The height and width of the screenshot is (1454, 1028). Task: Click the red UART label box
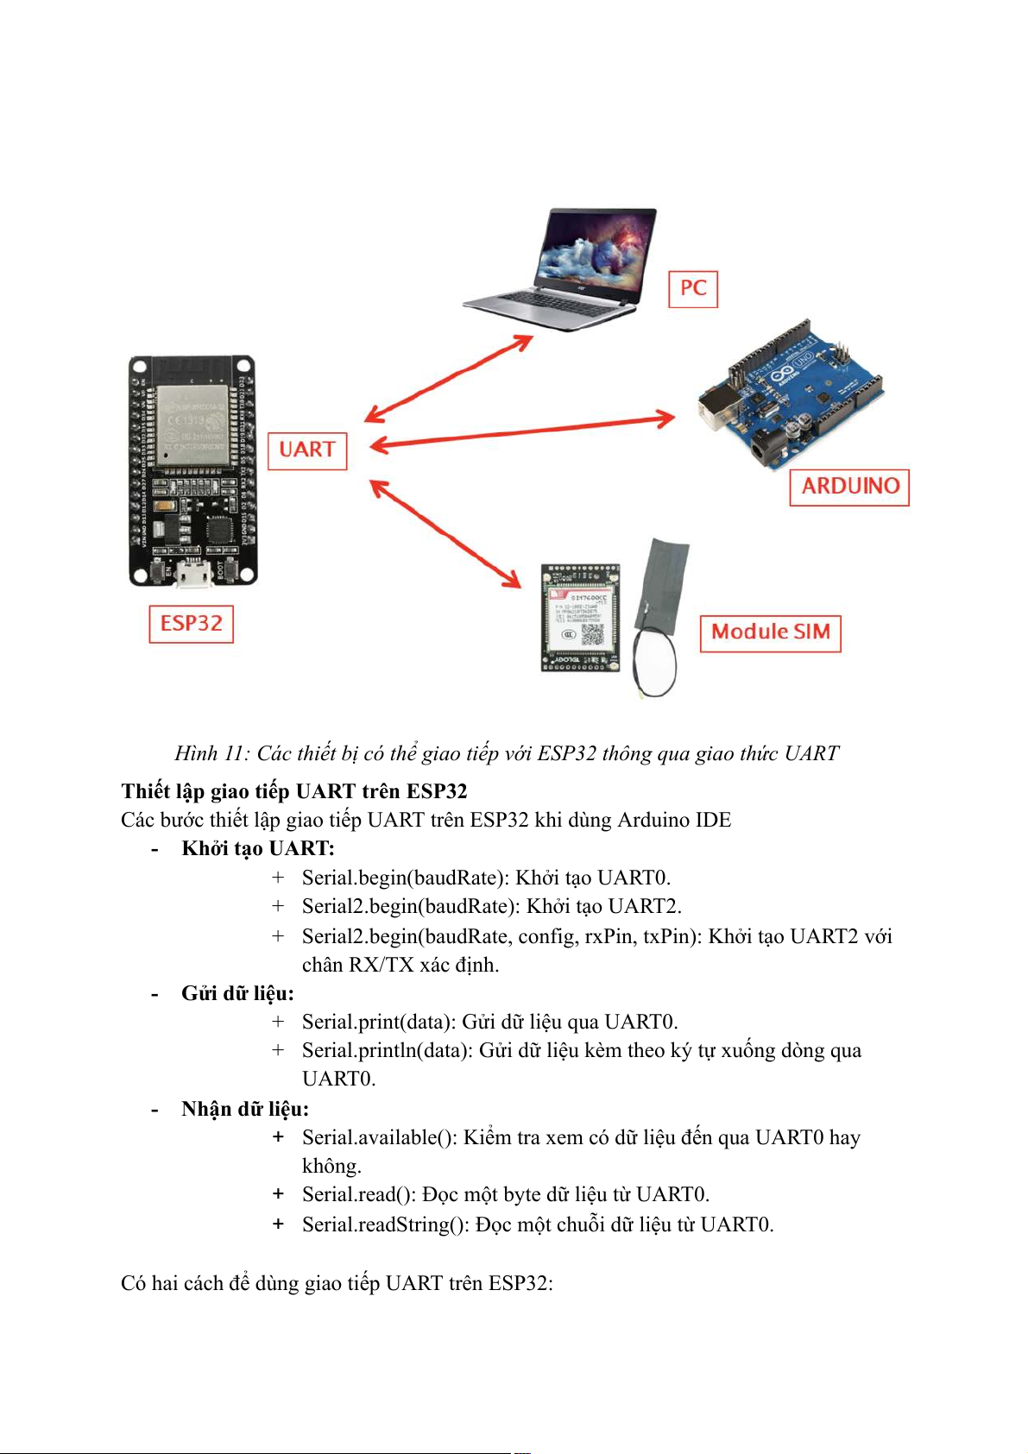coord(306,450)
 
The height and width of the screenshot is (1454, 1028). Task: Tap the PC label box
coord(693,288)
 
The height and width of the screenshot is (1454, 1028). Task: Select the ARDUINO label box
coord(849,487)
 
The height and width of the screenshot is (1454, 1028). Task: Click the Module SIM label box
coord(770,633)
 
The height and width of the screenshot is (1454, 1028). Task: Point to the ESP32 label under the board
coord(191,624)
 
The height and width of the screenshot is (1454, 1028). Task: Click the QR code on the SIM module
coord(592,634)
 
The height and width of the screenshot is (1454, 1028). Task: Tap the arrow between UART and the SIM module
coord(445,533)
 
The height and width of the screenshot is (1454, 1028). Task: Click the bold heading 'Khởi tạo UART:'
coord(257,849)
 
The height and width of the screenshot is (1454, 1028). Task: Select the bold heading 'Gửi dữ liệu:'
coord(237,994)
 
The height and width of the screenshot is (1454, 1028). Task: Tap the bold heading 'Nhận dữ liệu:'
coord(244,1110)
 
